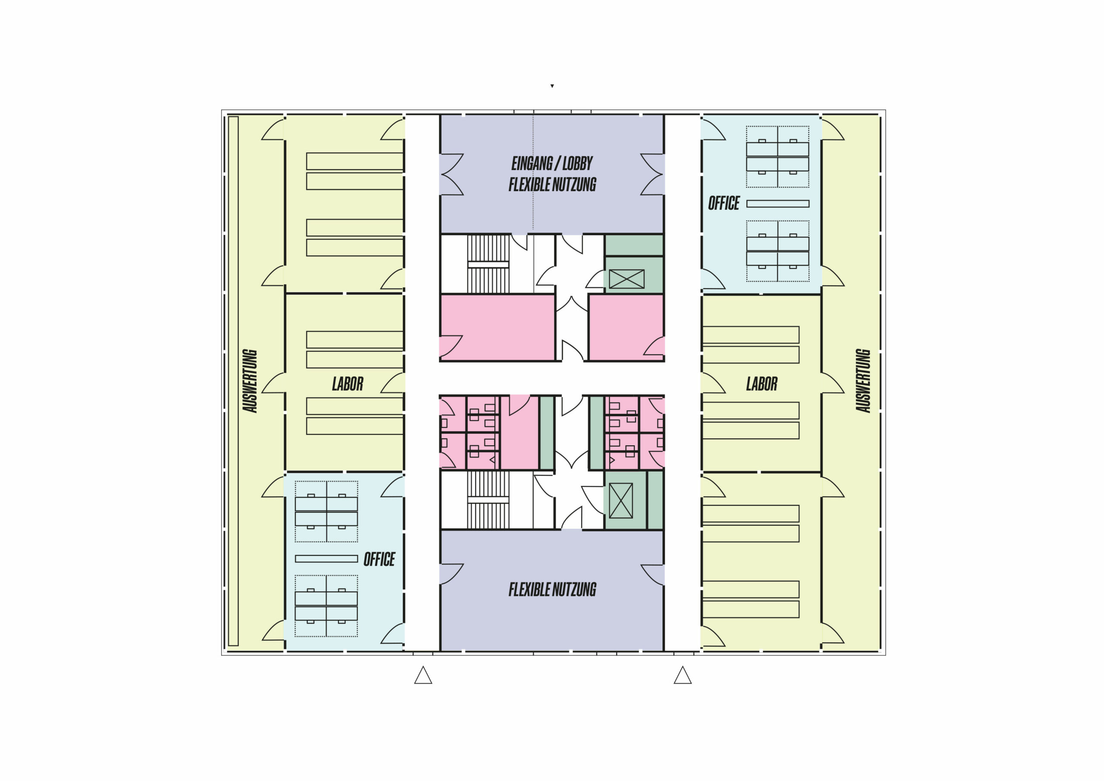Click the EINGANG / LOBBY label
[552, 164]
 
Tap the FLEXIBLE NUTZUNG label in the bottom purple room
[552, 589]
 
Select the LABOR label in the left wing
[348, 384]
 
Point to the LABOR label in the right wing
[762, 384]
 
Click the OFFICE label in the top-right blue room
[724, 204]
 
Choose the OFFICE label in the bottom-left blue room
[379, 560]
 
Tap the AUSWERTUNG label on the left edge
[250, 381]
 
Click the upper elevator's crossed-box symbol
[627, 279]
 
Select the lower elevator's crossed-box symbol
[621, 501]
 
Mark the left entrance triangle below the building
[423, 675]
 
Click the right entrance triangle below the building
[683, 675]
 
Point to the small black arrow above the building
[552, 86]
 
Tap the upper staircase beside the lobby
[488, 264]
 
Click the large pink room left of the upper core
[497, 327]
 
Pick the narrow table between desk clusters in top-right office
[778, 204]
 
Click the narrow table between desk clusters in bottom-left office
[326, 559]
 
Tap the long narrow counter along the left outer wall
[233, 381]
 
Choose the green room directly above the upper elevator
[634, 246]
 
